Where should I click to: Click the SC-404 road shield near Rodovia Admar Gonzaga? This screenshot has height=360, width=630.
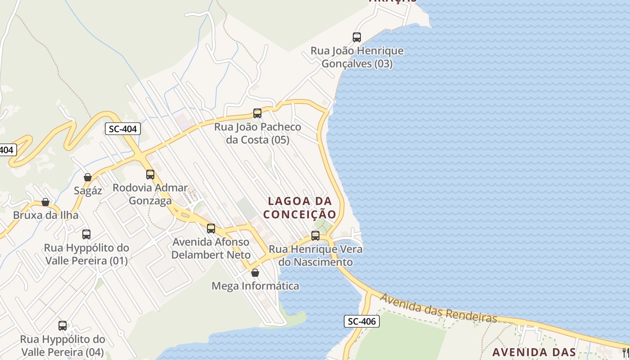[x=123, y=129]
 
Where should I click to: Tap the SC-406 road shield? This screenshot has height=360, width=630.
[x=362, y=321]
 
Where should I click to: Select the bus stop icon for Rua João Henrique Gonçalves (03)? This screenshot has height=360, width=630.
[x=357, y=37]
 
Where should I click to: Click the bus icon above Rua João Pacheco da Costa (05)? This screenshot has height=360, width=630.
[x=257, y=113]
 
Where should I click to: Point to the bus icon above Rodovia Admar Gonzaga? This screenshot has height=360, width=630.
[x=150, y=174]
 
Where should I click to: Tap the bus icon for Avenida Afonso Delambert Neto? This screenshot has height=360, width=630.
[x=211, y=229]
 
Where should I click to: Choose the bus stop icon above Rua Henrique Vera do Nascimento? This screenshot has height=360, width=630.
[x=315, y=235]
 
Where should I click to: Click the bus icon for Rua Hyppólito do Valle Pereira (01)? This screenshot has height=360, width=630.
[x=86, y=234]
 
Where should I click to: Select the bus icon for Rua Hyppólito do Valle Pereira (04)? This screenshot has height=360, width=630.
[x=63, y=326]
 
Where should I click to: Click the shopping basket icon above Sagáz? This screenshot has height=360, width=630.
[x=88, y=177]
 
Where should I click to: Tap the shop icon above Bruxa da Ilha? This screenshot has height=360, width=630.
[x=45, y=202]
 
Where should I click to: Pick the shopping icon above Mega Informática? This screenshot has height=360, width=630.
[x=255, y=273]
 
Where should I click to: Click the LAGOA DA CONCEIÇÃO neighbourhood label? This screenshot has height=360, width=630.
[x=300, y=207]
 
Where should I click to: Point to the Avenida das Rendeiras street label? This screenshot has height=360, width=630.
[x=438, y=308]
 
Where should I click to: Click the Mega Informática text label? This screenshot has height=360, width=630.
[x=255, y=286]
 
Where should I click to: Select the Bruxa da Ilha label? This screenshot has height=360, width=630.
[x=45, y=215]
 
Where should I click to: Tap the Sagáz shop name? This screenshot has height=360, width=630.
[x=88, y=190]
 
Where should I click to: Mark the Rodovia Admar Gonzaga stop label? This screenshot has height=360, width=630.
[x=150, y=194]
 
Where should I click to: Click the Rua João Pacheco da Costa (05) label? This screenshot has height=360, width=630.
[x=257, y=133]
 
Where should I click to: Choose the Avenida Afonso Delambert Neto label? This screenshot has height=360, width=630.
[x=211, y=248]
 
